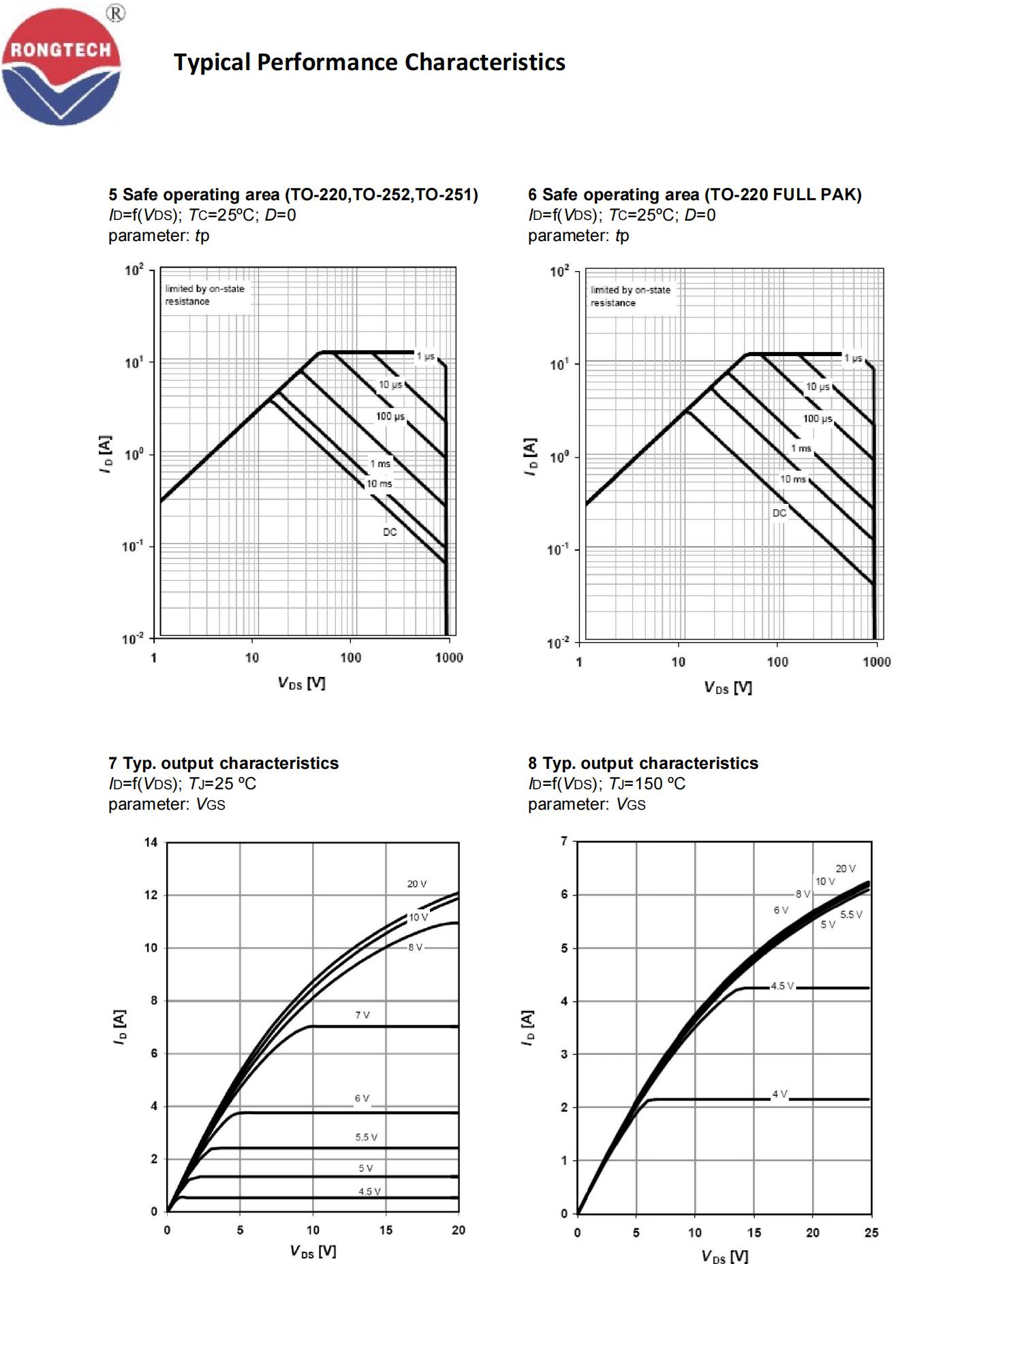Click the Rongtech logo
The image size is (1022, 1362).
(x=61, y=67)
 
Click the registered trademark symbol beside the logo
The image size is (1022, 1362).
(x=116, y=13)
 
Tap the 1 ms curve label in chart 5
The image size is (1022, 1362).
(x=380, y=464)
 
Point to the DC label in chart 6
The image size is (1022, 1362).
(x=779, y=513)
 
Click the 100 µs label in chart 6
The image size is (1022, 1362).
(x=817, y=418)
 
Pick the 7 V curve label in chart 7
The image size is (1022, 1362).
(x=362, y=1015)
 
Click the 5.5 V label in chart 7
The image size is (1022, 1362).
(x=366, y=1137)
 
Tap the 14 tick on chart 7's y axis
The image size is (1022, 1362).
(x=151, y=842)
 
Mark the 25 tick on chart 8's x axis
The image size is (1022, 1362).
(x=871, y=1233)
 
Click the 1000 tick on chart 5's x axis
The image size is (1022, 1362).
(x=449, y=658)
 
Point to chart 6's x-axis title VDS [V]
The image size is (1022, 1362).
(x=728, y=688)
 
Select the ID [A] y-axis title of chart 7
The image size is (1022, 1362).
(x=120, y=1027)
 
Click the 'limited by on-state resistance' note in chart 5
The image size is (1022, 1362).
(x=204, y=295)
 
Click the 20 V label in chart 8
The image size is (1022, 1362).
(x=846, y=868)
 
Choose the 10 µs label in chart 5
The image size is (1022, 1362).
(x=390, y=385)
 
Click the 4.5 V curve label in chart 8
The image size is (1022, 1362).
(x=782, y=986)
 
